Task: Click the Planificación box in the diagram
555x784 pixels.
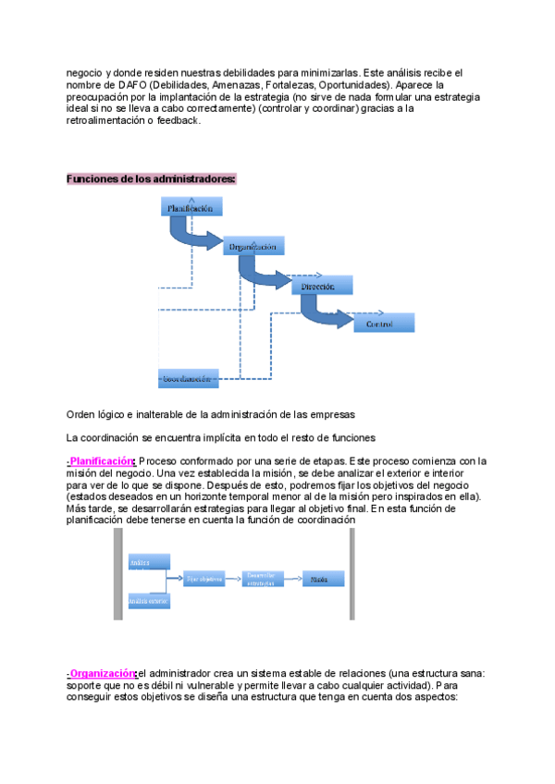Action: [191, 208]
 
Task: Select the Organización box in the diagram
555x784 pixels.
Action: [253, 246]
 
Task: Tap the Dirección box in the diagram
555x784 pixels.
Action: [321, 287]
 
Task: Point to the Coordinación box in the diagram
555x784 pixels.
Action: [188, 378]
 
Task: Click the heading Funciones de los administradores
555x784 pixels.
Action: [151, 178]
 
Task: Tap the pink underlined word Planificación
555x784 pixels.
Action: [102, 460]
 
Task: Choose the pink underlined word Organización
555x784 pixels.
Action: [102, 673]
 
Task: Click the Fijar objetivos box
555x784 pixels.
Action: [204, 579]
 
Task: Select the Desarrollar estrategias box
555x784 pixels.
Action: [263, 579]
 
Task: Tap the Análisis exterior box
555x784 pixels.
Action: [148, 601]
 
